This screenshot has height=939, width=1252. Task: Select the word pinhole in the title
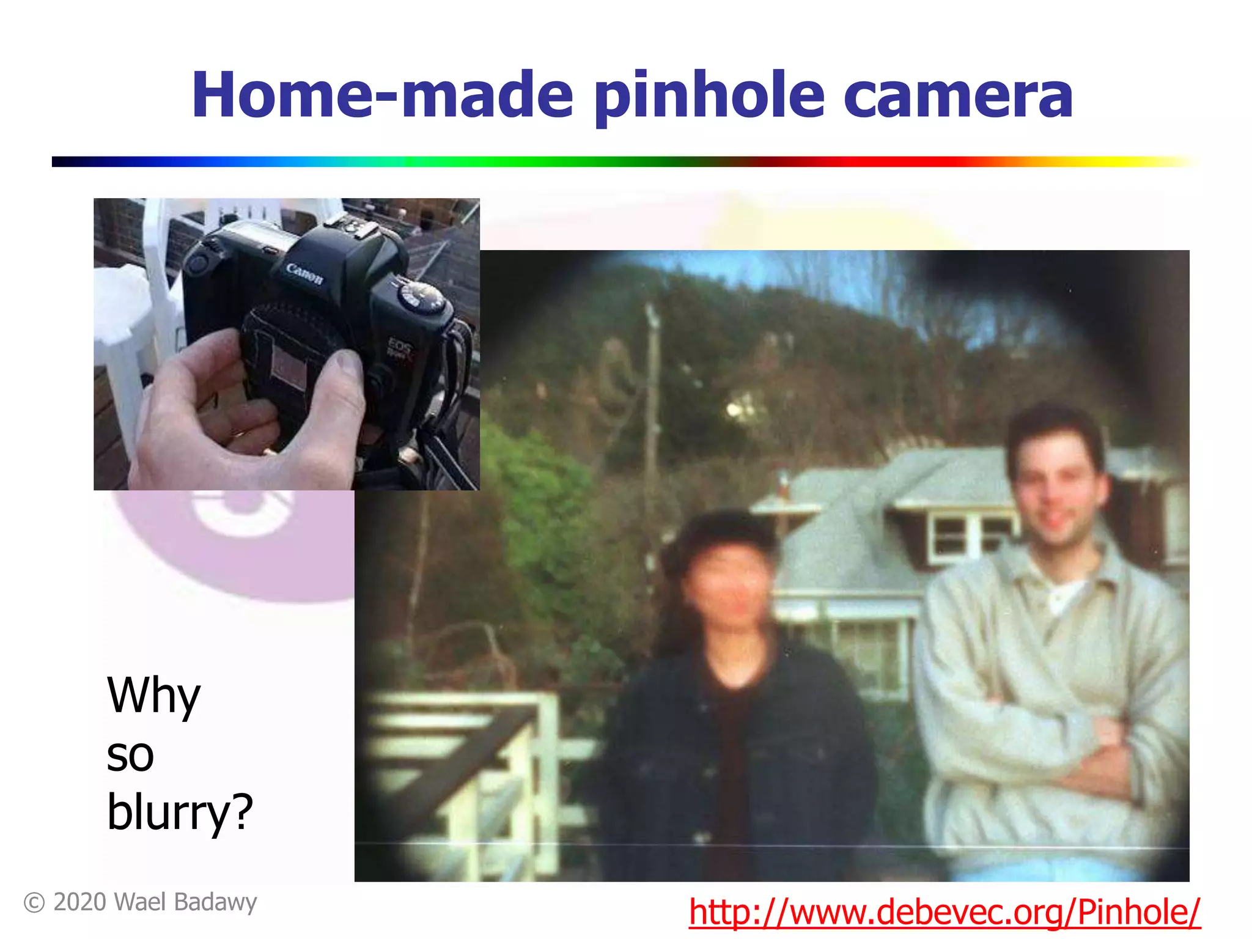709,97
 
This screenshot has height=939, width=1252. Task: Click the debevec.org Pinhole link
945,912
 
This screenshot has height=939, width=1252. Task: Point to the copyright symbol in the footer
34,903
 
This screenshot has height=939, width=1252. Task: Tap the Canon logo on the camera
304,273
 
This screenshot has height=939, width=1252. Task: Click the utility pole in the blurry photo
653,391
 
